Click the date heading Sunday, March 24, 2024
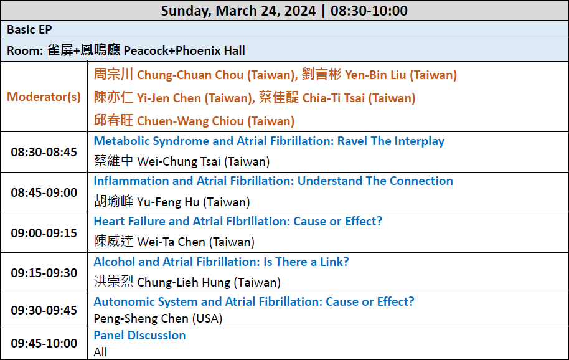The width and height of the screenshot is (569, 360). [x=238, y=11]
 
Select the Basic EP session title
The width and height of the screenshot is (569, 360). [x=29, y=29]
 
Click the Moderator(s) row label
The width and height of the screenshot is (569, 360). [x=44, y=97]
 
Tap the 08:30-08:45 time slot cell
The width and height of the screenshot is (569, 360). [x=44, y=152]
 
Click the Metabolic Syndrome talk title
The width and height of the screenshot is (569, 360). [x=269, y=141]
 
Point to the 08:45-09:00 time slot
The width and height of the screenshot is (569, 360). [x=44, y=192]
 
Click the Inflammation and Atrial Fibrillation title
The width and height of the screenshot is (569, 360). [x=273, y=181]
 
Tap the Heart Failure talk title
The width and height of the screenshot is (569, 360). [x=238, y=221]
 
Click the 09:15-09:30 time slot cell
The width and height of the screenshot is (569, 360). [x=44, y=273]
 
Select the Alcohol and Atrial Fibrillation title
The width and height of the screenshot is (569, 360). [x=222, y=262]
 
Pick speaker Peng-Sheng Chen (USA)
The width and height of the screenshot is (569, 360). [x=158, y=318]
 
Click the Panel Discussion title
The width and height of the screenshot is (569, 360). [x=139, y=335]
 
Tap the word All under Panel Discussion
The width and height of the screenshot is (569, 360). [x=100, y=352]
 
